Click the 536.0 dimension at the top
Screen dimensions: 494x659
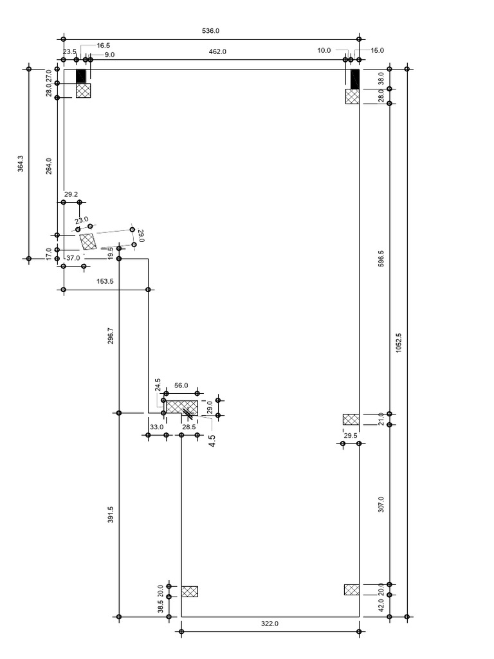pos(211,31)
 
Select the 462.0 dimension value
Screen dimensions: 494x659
pos(218,51)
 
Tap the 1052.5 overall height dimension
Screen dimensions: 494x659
pos(399,342)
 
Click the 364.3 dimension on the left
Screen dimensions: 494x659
pos(20,164)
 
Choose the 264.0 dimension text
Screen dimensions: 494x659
pos(48,166)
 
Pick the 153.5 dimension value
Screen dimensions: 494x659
pos(105,282)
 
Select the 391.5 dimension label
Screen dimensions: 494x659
pos(110,513)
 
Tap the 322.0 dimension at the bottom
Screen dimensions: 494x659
pos(270,624)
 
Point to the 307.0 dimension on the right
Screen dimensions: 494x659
pos(381,504)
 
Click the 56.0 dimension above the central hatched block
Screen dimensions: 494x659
pos(181,385)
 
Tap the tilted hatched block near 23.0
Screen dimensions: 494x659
pos(89,241)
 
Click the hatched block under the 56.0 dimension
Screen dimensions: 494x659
pos(181,407)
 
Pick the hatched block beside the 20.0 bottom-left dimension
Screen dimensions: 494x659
pos(189,591)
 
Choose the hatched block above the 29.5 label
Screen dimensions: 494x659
pos(351,420)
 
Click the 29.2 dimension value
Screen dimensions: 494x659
pos(71,194)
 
